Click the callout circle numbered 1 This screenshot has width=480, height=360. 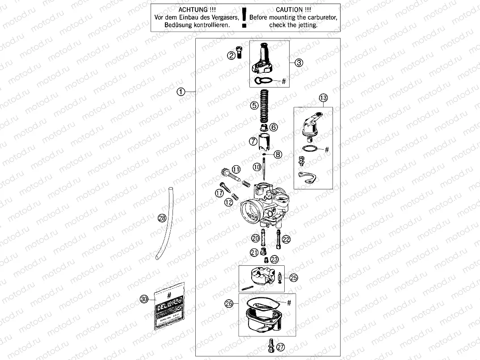pyautogui.click(x=181, y=92)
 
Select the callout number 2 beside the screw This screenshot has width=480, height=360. pyautogui.click(x=231, y=56)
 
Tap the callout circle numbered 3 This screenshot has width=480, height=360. pyautogui.click(x=299, y=63)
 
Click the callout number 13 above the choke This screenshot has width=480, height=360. pyautogui.click(x=323, y=98)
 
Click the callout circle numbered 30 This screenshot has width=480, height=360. pyautogui.click(x=143, y=299)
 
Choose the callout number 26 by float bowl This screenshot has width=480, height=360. pyautogui.click(x=229, y=304)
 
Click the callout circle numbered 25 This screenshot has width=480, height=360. pyautogui.click(x=293, y=277)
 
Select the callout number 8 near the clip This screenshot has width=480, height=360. pyautogui.click(x=278, y=155)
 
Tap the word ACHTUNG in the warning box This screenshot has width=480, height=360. pyautogui.click(x=193, y=9)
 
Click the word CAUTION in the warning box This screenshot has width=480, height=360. pyautogui.click(x=293, y=9)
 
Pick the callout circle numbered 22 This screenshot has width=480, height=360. pyautogui.click(x=286, y=239)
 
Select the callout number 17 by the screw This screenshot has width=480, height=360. pyautogui.click(x=219, y=193)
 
